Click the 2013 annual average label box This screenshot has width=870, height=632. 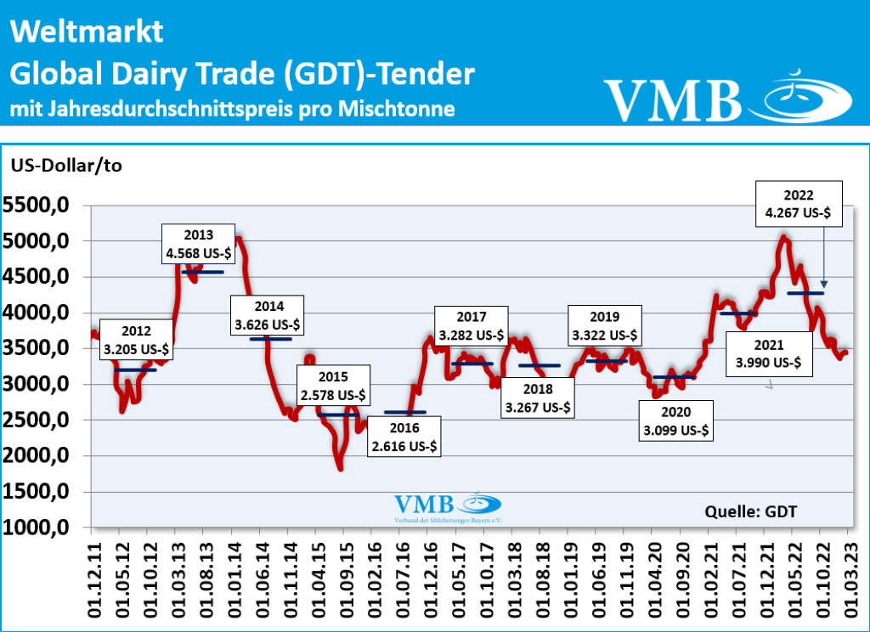click(x=198, y=244)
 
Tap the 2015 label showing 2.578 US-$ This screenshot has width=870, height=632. click(x=333, y=387)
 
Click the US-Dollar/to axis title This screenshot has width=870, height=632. click(x=66, y=165)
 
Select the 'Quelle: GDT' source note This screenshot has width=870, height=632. click(x=751, y=511)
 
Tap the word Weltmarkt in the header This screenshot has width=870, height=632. click(x=87, y=32)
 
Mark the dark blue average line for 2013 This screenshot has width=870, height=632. click(x=203, y=272)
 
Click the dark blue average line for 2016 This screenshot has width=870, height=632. click(x=404, y=412)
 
